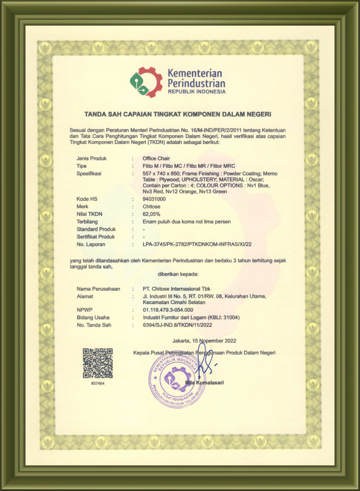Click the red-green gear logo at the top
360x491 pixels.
point(146,82)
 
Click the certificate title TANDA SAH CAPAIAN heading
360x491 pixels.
point(177,114)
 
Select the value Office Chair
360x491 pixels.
point(156,159)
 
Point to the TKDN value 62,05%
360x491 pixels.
point(152,214)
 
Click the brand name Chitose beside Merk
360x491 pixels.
point(152,206)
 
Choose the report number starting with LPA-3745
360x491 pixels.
point(197,244)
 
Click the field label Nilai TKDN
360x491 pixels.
point(90,214)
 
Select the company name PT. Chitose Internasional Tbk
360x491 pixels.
point(176,289)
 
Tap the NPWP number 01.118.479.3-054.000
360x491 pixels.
point(168,310)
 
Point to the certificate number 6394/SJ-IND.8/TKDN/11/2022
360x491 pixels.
point(177,325)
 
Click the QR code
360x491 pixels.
point(98,363)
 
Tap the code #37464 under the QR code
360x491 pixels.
point(97,383)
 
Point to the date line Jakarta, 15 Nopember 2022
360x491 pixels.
point(204,341)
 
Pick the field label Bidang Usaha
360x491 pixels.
point(93,317)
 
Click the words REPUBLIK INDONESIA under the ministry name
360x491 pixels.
point(196,92)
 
